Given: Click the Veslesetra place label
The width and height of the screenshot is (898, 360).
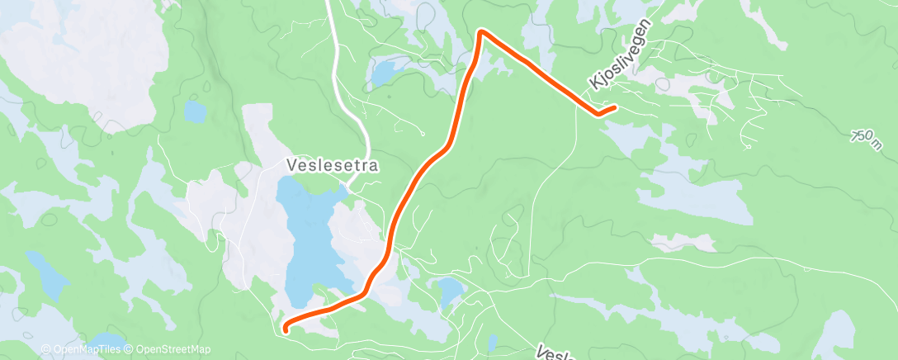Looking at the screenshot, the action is pos(333,165).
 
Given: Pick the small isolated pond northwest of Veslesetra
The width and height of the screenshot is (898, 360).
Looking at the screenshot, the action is pos(195,111).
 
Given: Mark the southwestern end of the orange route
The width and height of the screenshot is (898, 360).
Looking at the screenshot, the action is pos(286,329).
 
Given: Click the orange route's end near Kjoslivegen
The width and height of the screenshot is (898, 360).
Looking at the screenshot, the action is pos(616,107).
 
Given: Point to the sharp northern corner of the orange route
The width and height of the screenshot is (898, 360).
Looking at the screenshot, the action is pos(481,32).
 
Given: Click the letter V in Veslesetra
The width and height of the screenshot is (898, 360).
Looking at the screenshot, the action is pos(291,165).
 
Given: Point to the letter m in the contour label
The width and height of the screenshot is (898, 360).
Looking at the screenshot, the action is pos(874,144).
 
